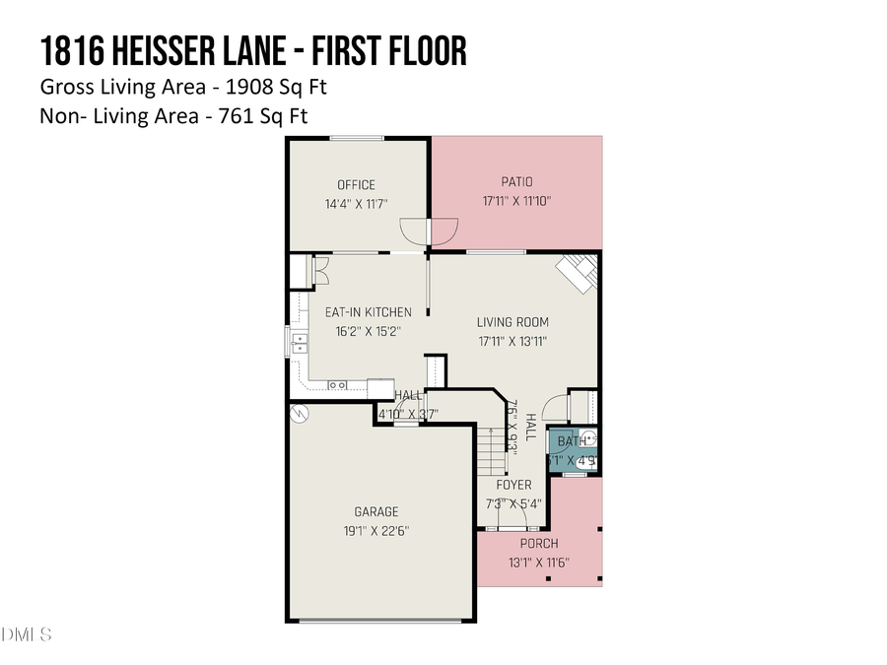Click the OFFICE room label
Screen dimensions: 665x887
(356, 185)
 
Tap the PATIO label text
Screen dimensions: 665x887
(515, 182)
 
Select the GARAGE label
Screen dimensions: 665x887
(376, 511)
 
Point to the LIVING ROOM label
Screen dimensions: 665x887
(512, 322)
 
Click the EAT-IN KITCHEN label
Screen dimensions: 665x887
(369, 312)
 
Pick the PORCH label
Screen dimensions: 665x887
(538, 544)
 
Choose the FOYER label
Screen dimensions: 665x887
(513, 485)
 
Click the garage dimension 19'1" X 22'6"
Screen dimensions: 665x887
(376, 530)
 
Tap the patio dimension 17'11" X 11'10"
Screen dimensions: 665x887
(515, 201)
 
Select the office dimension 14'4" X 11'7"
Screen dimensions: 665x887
(356, 204)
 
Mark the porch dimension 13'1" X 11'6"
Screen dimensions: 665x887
(538, 563)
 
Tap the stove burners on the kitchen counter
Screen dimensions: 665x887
(337, 385)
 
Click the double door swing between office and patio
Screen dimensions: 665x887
(430, 231)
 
